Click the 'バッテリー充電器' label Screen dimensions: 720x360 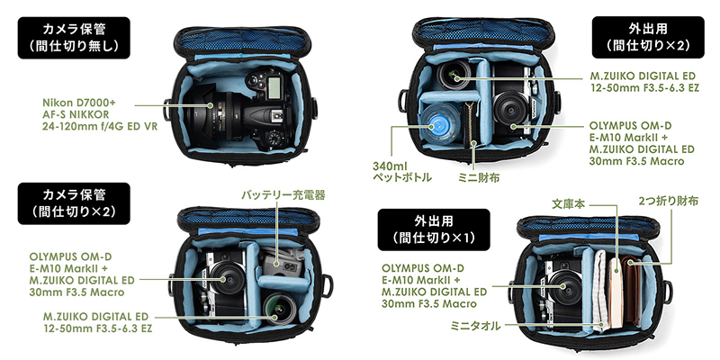point(283,195)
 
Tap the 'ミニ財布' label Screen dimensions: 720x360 point(479,176)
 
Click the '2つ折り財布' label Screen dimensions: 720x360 point(668,201)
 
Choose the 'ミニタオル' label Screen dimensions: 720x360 point(476,326)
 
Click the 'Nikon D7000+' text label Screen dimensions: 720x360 point(73,102)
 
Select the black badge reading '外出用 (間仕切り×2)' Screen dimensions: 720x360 point(647,37)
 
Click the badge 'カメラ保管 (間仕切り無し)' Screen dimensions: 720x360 point(74,38)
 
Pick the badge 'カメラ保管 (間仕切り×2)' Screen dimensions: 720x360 point(74,203)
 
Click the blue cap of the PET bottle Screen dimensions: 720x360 point(437,122)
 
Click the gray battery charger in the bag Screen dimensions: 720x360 point(281,264)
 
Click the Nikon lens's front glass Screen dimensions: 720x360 point(201,108)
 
